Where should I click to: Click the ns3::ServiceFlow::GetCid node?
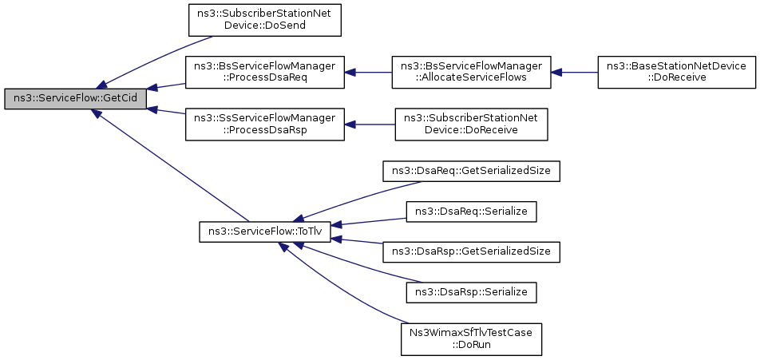click(75, 99)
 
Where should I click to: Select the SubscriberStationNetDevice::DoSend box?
click(265, 20)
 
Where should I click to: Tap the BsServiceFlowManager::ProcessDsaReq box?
click(265, 72)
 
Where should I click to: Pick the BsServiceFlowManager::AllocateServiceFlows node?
click(471, 72)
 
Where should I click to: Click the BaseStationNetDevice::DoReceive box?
click(677, 72)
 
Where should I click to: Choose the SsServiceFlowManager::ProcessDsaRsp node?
click(265, 125)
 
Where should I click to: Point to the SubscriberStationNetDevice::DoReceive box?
click(471, 125)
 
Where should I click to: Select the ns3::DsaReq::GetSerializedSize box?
click(471, 171)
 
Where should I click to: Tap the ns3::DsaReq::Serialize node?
click(471, 212)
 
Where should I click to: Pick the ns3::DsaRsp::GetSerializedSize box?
click(471, 252)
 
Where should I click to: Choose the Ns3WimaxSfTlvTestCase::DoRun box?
click(471, 338)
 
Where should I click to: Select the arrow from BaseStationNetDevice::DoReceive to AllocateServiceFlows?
click(574, 72)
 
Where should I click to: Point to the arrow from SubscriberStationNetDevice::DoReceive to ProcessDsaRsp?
click(370, 125)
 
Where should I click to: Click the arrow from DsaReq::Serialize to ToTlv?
click(369, 222)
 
